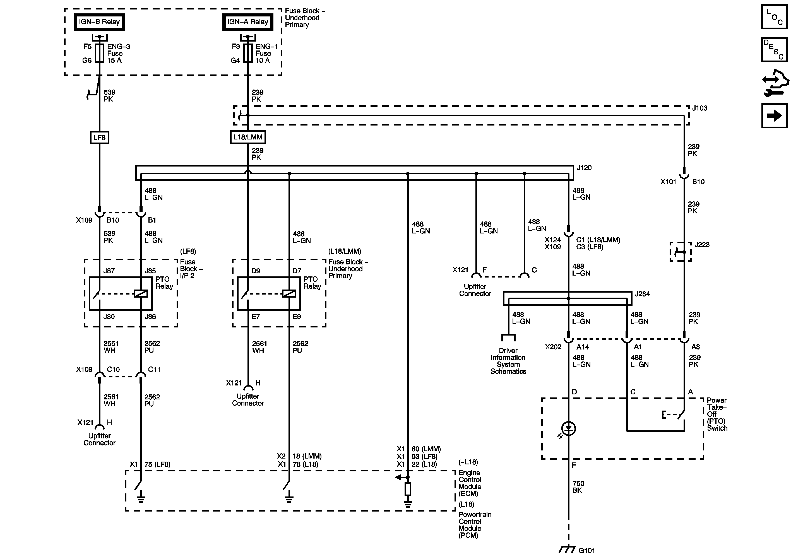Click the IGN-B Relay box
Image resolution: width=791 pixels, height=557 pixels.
point(100,22)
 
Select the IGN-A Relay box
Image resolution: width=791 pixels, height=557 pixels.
point(248,22)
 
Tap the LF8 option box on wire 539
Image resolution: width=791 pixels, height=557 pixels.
point(100,138)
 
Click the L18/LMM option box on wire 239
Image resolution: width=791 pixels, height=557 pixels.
point(248,137)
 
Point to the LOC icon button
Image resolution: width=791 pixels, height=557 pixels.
point(774,16)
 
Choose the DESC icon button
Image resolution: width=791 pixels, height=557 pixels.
point(774,50)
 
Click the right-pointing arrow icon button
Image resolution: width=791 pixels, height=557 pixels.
point(774,115)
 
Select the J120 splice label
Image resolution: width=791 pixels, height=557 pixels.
point(584,168)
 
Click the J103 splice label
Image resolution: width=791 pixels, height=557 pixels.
point(700,108)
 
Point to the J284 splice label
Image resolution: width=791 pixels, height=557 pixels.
point(642,294)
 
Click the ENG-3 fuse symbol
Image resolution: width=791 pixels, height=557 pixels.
point(100,53)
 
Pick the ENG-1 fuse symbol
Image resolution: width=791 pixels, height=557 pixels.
point(248,53)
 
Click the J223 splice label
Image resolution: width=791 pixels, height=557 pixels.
point(702,245)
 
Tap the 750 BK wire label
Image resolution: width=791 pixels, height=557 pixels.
point(578,487)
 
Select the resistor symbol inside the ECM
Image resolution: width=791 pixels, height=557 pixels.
point(408,489)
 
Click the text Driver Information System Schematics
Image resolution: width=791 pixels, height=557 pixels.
point(508,361)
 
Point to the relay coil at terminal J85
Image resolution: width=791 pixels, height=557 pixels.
point(141,293)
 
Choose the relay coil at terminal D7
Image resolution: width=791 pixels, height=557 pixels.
point(289,293)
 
